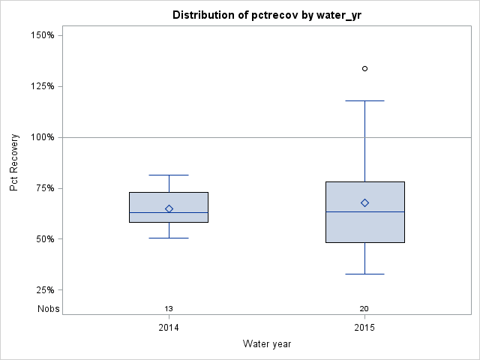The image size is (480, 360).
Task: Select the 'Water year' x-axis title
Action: (x=267, y=343)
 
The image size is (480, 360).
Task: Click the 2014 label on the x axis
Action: (x=169, y=328)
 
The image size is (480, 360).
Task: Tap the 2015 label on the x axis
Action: (x=364, y=328)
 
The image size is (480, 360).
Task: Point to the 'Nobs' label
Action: (x=49, y=308)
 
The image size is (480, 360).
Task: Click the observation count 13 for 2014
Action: (x=169, y=308)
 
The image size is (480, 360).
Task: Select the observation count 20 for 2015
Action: (x=364, y=308)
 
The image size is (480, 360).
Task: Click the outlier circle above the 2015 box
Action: (x=364, y=68)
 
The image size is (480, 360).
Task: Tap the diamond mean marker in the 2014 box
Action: (x=169, y=208)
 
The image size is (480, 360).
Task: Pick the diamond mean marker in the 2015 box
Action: (x=364, y=202)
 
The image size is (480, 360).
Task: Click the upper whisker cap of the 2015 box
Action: (x=364, y=100)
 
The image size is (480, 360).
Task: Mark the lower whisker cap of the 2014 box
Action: (x=169, y=238)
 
